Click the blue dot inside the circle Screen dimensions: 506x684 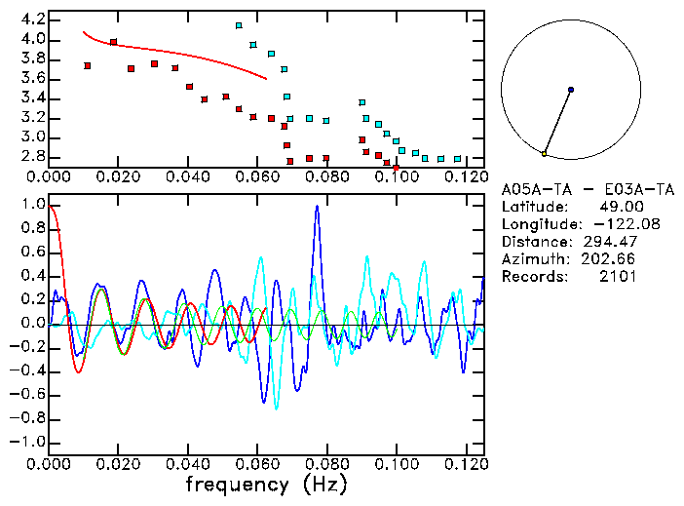pos(571,90)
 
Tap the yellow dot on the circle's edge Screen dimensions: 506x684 pos(544,154)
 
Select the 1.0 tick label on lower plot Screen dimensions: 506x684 pos(32,205)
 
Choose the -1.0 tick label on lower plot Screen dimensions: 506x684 pos(27,442)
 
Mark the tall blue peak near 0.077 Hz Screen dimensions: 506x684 pos(317,207)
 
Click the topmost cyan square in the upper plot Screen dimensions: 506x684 pos(239,25)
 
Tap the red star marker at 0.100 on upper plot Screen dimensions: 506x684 pos(396,168)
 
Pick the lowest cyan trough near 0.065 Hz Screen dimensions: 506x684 pos(277,408)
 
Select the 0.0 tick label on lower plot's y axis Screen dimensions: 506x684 pos(32,324)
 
